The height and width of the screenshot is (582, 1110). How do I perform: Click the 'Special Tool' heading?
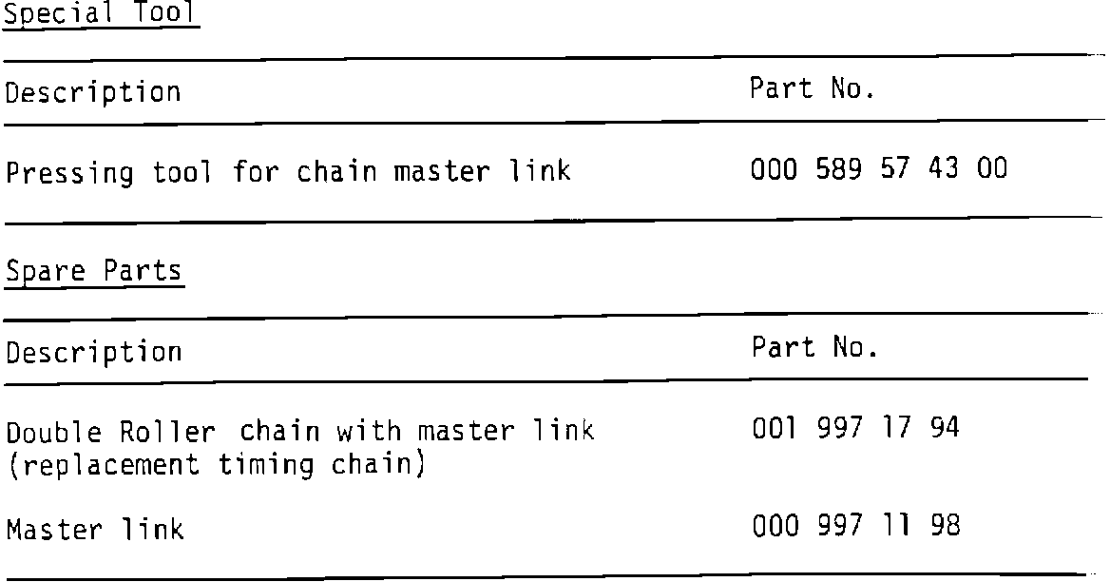100,14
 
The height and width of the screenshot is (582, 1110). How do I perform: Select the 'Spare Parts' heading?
93,271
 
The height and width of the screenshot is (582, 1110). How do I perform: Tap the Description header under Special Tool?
93,93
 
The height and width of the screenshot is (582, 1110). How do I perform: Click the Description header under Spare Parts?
93,353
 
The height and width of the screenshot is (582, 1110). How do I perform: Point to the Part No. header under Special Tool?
812,89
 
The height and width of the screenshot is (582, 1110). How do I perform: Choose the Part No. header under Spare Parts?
814,348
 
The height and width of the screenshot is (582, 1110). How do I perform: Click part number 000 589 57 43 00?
879,171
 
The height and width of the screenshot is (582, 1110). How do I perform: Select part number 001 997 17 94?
855,429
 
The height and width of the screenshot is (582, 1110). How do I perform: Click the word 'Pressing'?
70,174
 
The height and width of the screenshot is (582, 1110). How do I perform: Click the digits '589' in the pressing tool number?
840,171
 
